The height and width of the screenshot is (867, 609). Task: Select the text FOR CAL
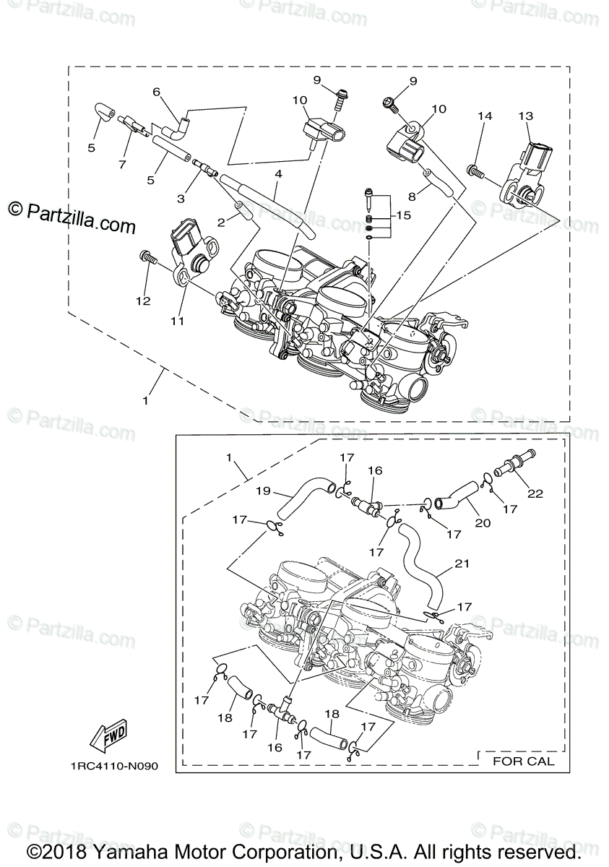coord(523,760)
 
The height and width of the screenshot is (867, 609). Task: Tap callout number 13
coord(525,116)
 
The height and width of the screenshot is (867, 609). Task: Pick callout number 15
coord(402,215)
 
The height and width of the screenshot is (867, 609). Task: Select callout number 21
coord(462,564)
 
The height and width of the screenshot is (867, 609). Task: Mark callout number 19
coord(263,491)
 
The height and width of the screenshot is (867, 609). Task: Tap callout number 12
coord(144,301)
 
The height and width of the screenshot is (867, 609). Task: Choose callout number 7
coord(122,164)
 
